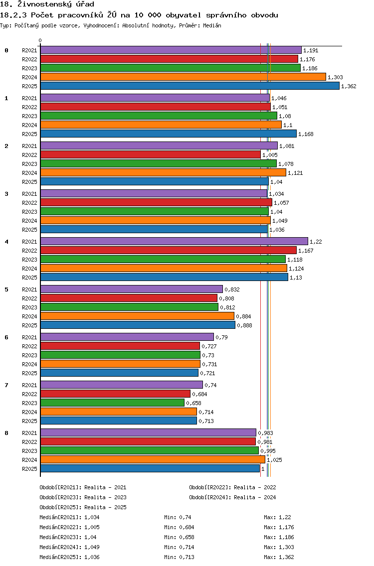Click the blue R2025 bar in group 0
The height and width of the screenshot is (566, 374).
pyautogui.click(x=190, y=86)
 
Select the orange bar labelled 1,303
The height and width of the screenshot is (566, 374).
pyautogui.click(x=183, y=77)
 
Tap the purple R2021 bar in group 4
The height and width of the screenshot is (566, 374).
pyautogui.click(x=174, y=242)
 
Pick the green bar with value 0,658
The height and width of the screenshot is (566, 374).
pyautogui.click(x=112, y=403)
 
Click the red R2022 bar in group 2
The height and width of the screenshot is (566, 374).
pyautogui.click(x=151, y=155)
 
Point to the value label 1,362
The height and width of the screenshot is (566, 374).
pyautogui.click(x=349, y=86)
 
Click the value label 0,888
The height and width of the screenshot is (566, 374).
pyautogui.click(x=245, y=325)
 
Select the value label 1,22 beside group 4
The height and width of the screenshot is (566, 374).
pyautogui.click(x=316, y=242)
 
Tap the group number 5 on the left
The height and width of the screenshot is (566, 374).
pyautogui.click(x=6, y=289)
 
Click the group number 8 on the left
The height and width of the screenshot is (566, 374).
pyautogui.click(x=6, y=433)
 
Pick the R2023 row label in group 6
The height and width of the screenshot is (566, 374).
pyautogui.click(x=29, y=355)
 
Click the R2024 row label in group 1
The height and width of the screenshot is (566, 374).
pyautogui.click(x=29, y=125)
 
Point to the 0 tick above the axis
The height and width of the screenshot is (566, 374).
pyautogui.click(x=40, y=41)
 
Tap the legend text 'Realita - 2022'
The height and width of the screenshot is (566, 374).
pyautogui.click(x=255, y=487)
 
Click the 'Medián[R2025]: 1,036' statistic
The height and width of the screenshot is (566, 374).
pyautogui.click(x=69, y=558)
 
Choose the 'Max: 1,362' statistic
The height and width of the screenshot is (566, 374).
pyautogui.click(x=279, y=558)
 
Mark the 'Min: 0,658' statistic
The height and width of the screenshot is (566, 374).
pyautogui.click(x=179, y=537)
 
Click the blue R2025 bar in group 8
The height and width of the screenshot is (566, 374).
pyautogui.click(x=150, y=468)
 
